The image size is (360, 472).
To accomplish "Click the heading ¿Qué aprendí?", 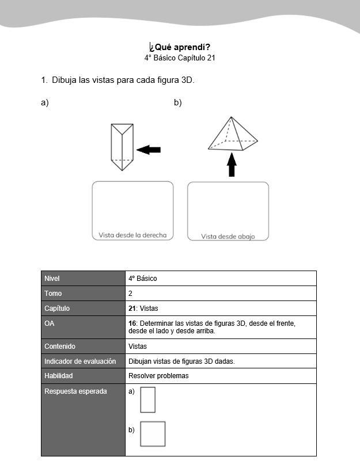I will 180,47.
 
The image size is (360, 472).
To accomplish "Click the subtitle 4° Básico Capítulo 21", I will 180,58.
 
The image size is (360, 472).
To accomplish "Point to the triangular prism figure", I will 122,147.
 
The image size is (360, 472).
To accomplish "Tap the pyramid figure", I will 232,135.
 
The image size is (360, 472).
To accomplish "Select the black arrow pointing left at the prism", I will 149,150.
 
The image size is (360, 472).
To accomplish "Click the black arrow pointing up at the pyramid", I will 232,165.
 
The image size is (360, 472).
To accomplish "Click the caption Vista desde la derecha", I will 132,235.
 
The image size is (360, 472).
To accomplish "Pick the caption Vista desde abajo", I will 228,236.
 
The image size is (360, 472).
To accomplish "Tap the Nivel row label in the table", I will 52,279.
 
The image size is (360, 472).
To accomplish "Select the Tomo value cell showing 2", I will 131,294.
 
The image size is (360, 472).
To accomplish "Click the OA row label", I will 50,323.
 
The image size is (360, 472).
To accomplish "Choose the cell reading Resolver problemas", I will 158,376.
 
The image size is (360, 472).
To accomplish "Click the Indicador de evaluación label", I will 80,361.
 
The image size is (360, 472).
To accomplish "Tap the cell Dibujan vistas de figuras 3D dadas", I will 181,361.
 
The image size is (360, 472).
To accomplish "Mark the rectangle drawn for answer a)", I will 147,399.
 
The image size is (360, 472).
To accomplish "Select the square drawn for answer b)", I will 153,434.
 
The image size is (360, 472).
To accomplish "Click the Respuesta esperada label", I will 75,391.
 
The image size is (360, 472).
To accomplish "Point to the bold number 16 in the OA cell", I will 132,323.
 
